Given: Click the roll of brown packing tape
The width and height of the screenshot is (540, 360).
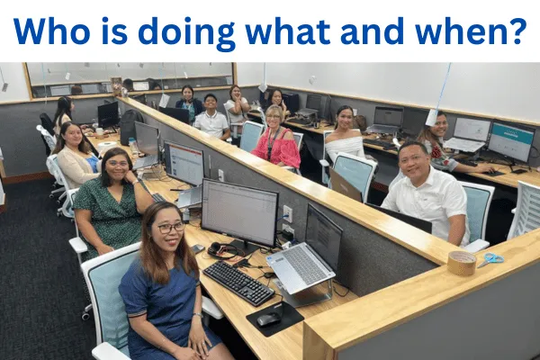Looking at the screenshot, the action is click(x=462, y=263).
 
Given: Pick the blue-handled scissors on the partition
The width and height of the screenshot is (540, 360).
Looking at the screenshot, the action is click(x=490, y=259).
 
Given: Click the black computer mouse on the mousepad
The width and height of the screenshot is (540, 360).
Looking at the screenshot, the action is click(x=268, y=319).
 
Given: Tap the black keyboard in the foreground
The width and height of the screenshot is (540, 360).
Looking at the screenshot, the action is click(x=238, y=283).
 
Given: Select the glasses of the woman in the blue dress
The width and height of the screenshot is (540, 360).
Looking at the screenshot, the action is click(x=172, y=228).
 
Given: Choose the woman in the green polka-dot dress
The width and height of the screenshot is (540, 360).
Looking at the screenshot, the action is click(x=111, y=203).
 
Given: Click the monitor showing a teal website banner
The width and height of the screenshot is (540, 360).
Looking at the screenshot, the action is click(x=511, y=141).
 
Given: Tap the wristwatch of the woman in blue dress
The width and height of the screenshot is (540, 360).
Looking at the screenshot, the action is click(x=198, y=315).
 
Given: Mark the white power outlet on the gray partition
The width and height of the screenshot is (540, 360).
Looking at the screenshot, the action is click(x=287, y=213).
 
